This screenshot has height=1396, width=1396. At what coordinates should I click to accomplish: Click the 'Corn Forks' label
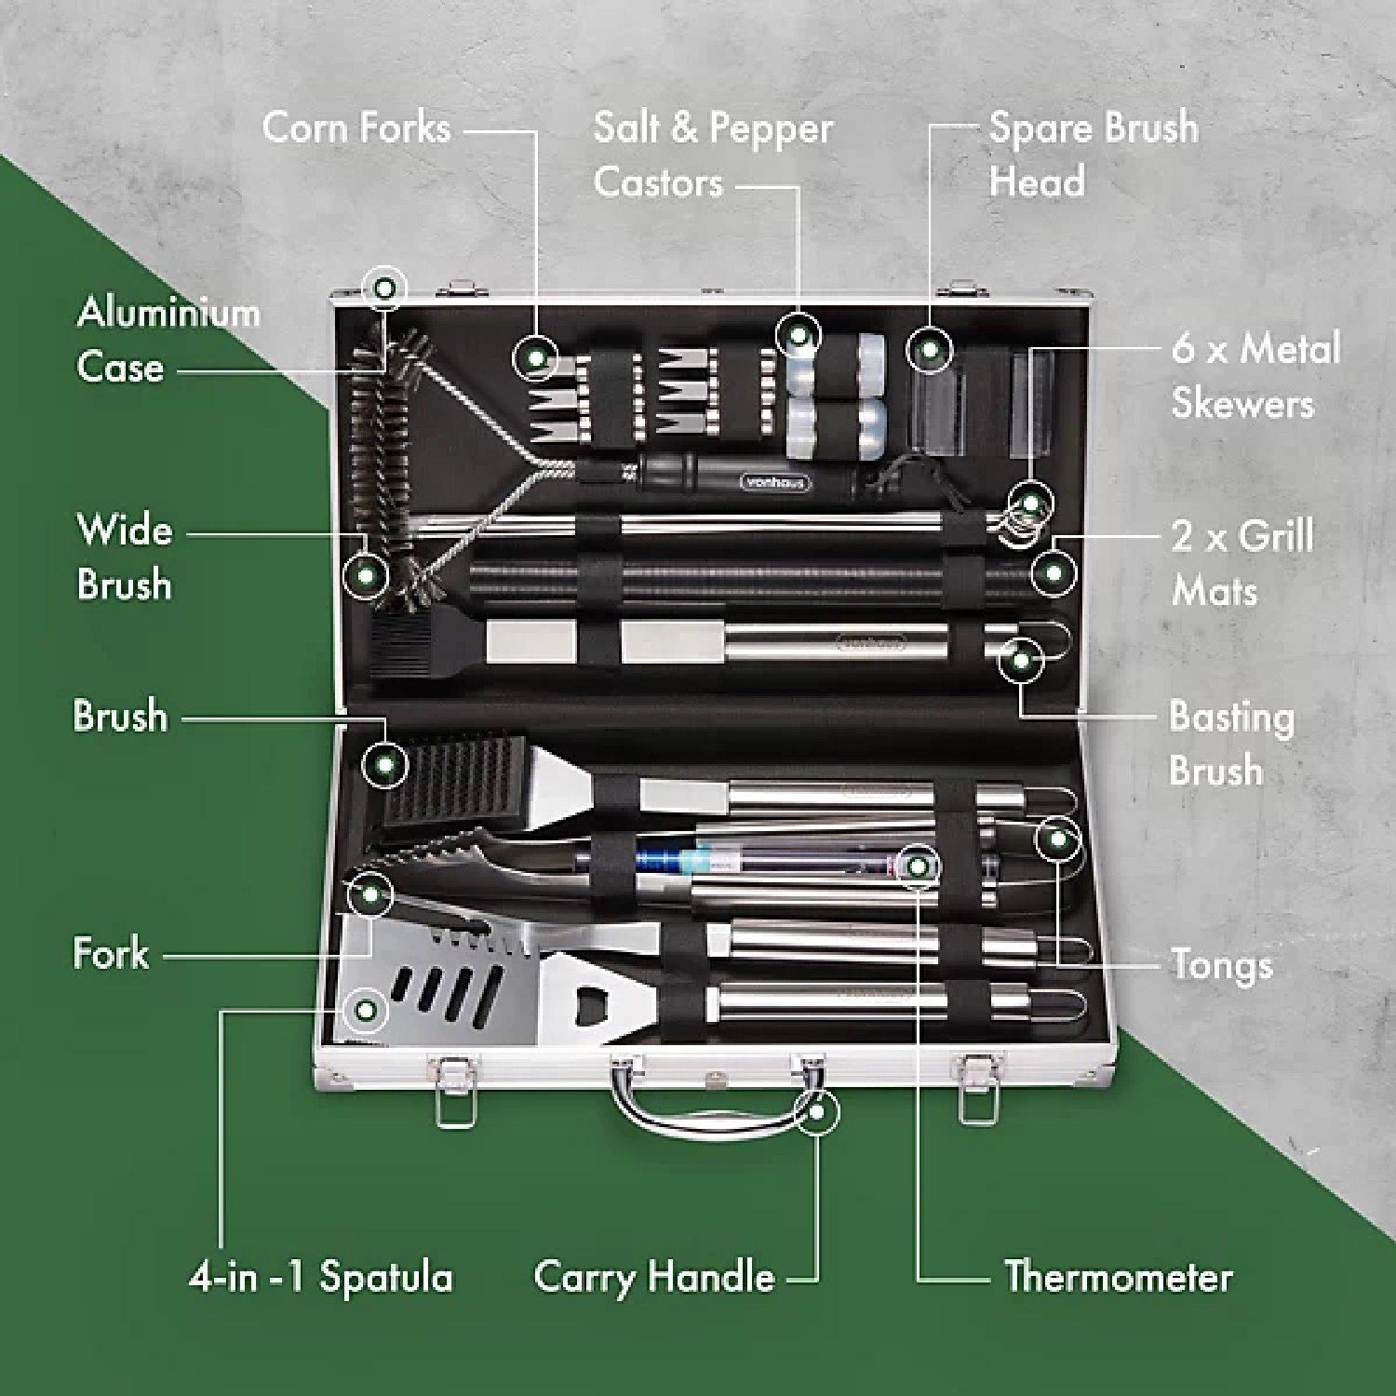356,128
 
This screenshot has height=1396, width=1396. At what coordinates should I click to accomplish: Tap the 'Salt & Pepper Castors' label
712,154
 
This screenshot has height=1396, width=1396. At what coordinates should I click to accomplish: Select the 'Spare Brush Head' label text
1093,154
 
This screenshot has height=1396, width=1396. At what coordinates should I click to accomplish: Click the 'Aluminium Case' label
168,340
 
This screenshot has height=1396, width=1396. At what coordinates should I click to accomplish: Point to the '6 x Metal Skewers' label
1255,376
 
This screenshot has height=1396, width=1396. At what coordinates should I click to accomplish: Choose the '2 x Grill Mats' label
1242,564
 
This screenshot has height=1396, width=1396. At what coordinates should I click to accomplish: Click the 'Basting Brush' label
1230,744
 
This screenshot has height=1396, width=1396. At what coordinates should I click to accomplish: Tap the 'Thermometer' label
1118,1277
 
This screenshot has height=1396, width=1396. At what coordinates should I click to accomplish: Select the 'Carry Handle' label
653,1277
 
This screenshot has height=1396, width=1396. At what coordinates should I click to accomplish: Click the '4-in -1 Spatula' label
320,1277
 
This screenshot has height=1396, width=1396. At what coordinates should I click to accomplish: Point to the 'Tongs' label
1221,965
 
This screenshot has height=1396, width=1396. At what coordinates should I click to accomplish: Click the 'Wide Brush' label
125,557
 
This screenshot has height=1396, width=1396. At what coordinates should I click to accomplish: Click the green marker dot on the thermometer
918,867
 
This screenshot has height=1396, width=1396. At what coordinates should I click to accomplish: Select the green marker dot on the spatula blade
366,1010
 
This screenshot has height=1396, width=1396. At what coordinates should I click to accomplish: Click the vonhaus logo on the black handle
776,482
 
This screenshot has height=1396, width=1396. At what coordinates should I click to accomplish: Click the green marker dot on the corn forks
535,356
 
